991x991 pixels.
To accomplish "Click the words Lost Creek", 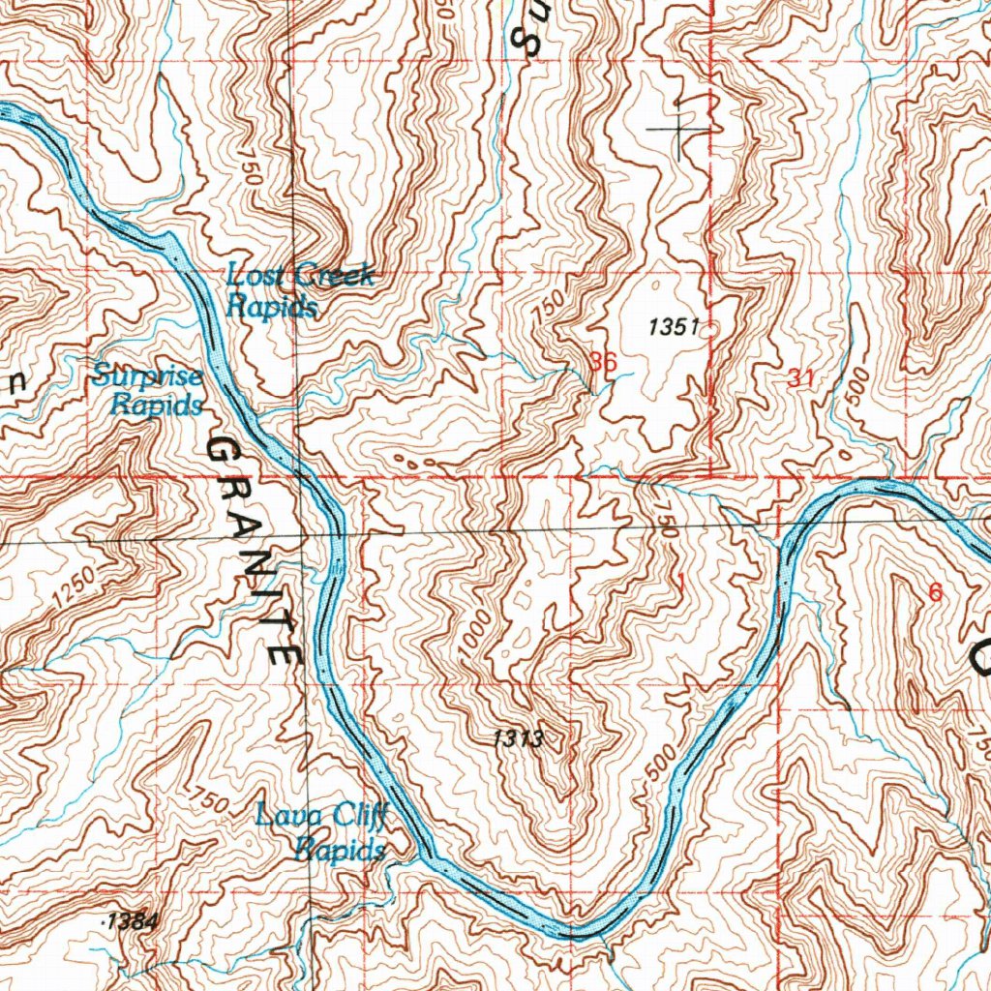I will coord(300,276).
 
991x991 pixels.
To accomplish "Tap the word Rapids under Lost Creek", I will coord(271,307).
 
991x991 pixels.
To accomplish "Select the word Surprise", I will coord(148,376).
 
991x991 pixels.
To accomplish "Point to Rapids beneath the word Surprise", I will coord(156,405).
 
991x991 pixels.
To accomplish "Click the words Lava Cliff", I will coord(321,817).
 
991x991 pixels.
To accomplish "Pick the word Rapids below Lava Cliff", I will coord(341,851).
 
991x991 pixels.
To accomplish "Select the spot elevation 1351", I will coord(674,328).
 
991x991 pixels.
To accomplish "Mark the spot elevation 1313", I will coord(518,740).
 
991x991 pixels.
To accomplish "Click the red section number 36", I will coord(602,362).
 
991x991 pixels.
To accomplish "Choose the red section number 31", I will coord(799,379).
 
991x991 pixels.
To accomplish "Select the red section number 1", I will coord(681,583).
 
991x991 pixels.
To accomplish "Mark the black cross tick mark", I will coord(679,128).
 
